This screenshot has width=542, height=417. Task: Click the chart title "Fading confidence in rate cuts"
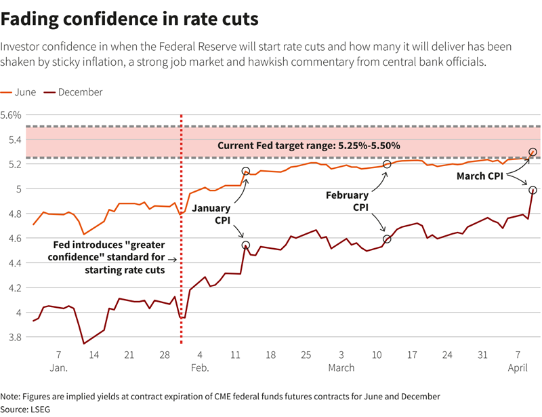coord(129,18)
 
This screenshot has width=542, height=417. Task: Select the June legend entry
coord(22,92)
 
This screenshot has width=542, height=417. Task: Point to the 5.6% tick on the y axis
coord(14,115)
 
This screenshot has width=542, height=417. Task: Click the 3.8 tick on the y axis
coord(14,337)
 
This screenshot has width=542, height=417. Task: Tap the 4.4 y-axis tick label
coord(14,263)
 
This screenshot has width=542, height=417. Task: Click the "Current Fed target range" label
coord(308,146)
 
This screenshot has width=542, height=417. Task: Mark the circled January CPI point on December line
coord(245,245)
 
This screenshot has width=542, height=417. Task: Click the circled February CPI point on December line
coord(387,239)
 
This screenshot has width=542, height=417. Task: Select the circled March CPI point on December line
coord(533,191)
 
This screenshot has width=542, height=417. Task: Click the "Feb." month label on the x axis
coord(200,368)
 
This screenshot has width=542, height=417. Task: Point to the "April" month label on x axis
coord(518,368)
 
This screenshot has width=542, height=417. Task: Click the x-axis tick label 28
coord(165,355)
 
